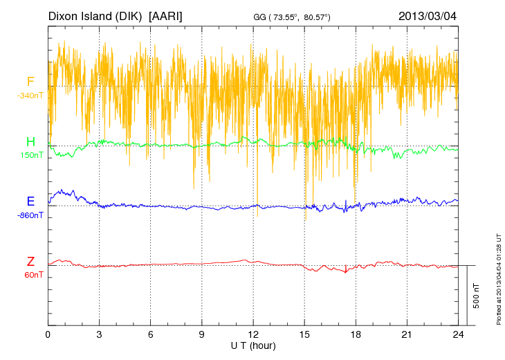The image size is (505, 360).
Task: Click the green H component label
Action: click(x=30, y=142)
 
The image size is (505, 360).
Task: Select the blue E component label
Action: click(x=30, y=201)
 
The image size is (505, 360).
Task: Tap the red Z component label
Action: click(x=30, y=262)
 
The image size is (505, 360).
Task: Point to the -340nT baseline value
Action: click(x=30, y=96)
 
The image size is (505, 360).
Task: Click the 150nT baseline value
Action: click(x=30, y=155)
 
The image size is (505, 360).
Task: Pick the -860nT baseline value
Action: click(x=30, y=215)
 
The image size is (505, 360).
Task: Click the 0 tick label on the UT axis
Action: click(x=48, y=334)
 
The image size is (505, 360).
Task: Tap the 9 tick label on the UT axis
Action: click(x=202, y=334)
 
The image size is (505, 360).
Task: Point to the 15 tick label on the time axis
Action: click(x=304, y=334)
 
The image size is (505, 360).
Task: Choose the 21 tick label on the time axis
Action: click(x=407, y=334)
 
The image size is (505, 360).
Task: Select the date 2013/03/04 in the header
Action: click(x=428, y=15)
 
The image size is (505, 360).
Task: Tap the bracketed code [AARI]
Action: click(x=165, y=15)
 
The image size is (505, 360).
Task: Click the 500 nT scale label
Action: click(x=477, y=296)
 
